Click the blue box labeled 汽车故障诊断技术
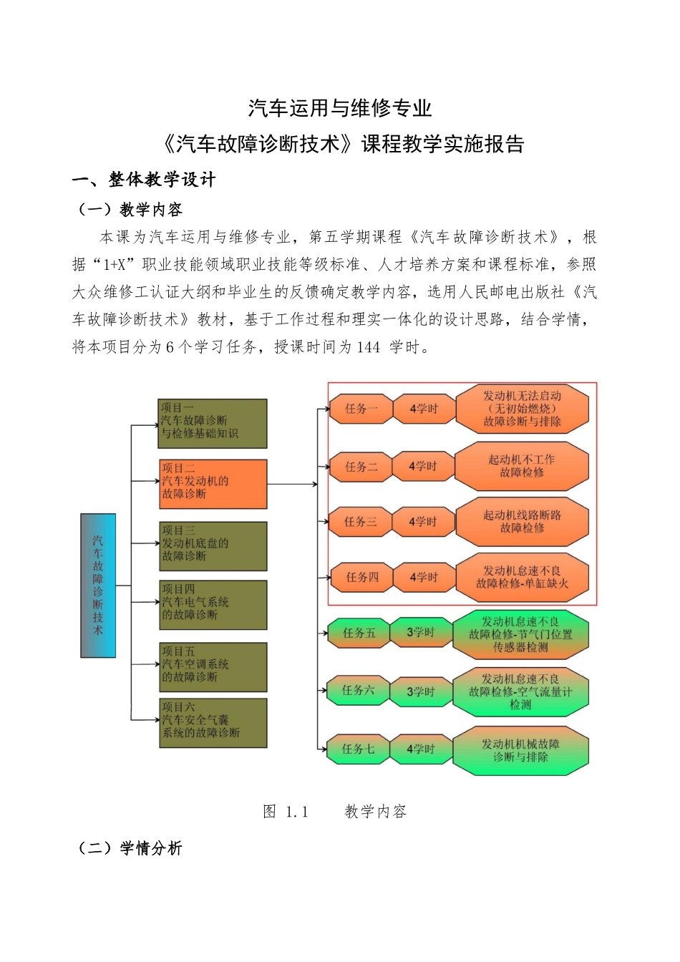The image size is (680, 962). pos(98,585)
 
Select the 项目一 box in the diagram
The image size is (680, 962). pos(212,424)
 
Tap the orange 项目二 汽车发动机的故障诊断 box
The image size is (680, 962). pos(213,484)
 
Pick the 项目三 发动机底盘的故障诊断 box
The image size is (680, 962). pos(213,546)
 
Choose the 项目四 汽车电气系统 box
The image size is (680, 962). pos(213,605)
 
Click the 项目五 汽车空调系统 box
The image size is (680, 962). pos(213,666)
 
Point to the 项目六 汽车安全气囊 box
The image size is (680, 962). pos(213,723)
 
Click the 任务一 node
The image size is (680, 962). pos(361,409)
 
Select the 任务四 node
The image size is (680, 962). pos(361,577)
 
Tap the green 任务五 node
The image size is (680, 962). pos(359,633)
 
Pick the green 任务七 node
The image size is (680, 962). pos(358,749)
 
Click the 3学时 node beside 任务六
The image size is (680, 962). pos(421,691)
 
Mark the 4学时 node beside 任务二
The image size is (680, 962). pos(423,466)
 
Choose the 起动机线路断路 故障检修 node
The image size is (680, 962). pos(522,522)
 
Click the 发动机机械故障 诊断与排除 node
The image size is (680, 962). pos(520,750)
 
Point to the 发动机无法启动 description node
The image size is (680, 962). pos(522,409)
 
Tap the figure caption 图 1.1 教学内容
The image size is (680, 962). pos(335,811)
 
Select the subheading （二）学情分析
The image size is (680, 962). pos(130,848)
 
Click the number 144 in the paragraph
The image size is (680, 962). pos(368,347)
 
